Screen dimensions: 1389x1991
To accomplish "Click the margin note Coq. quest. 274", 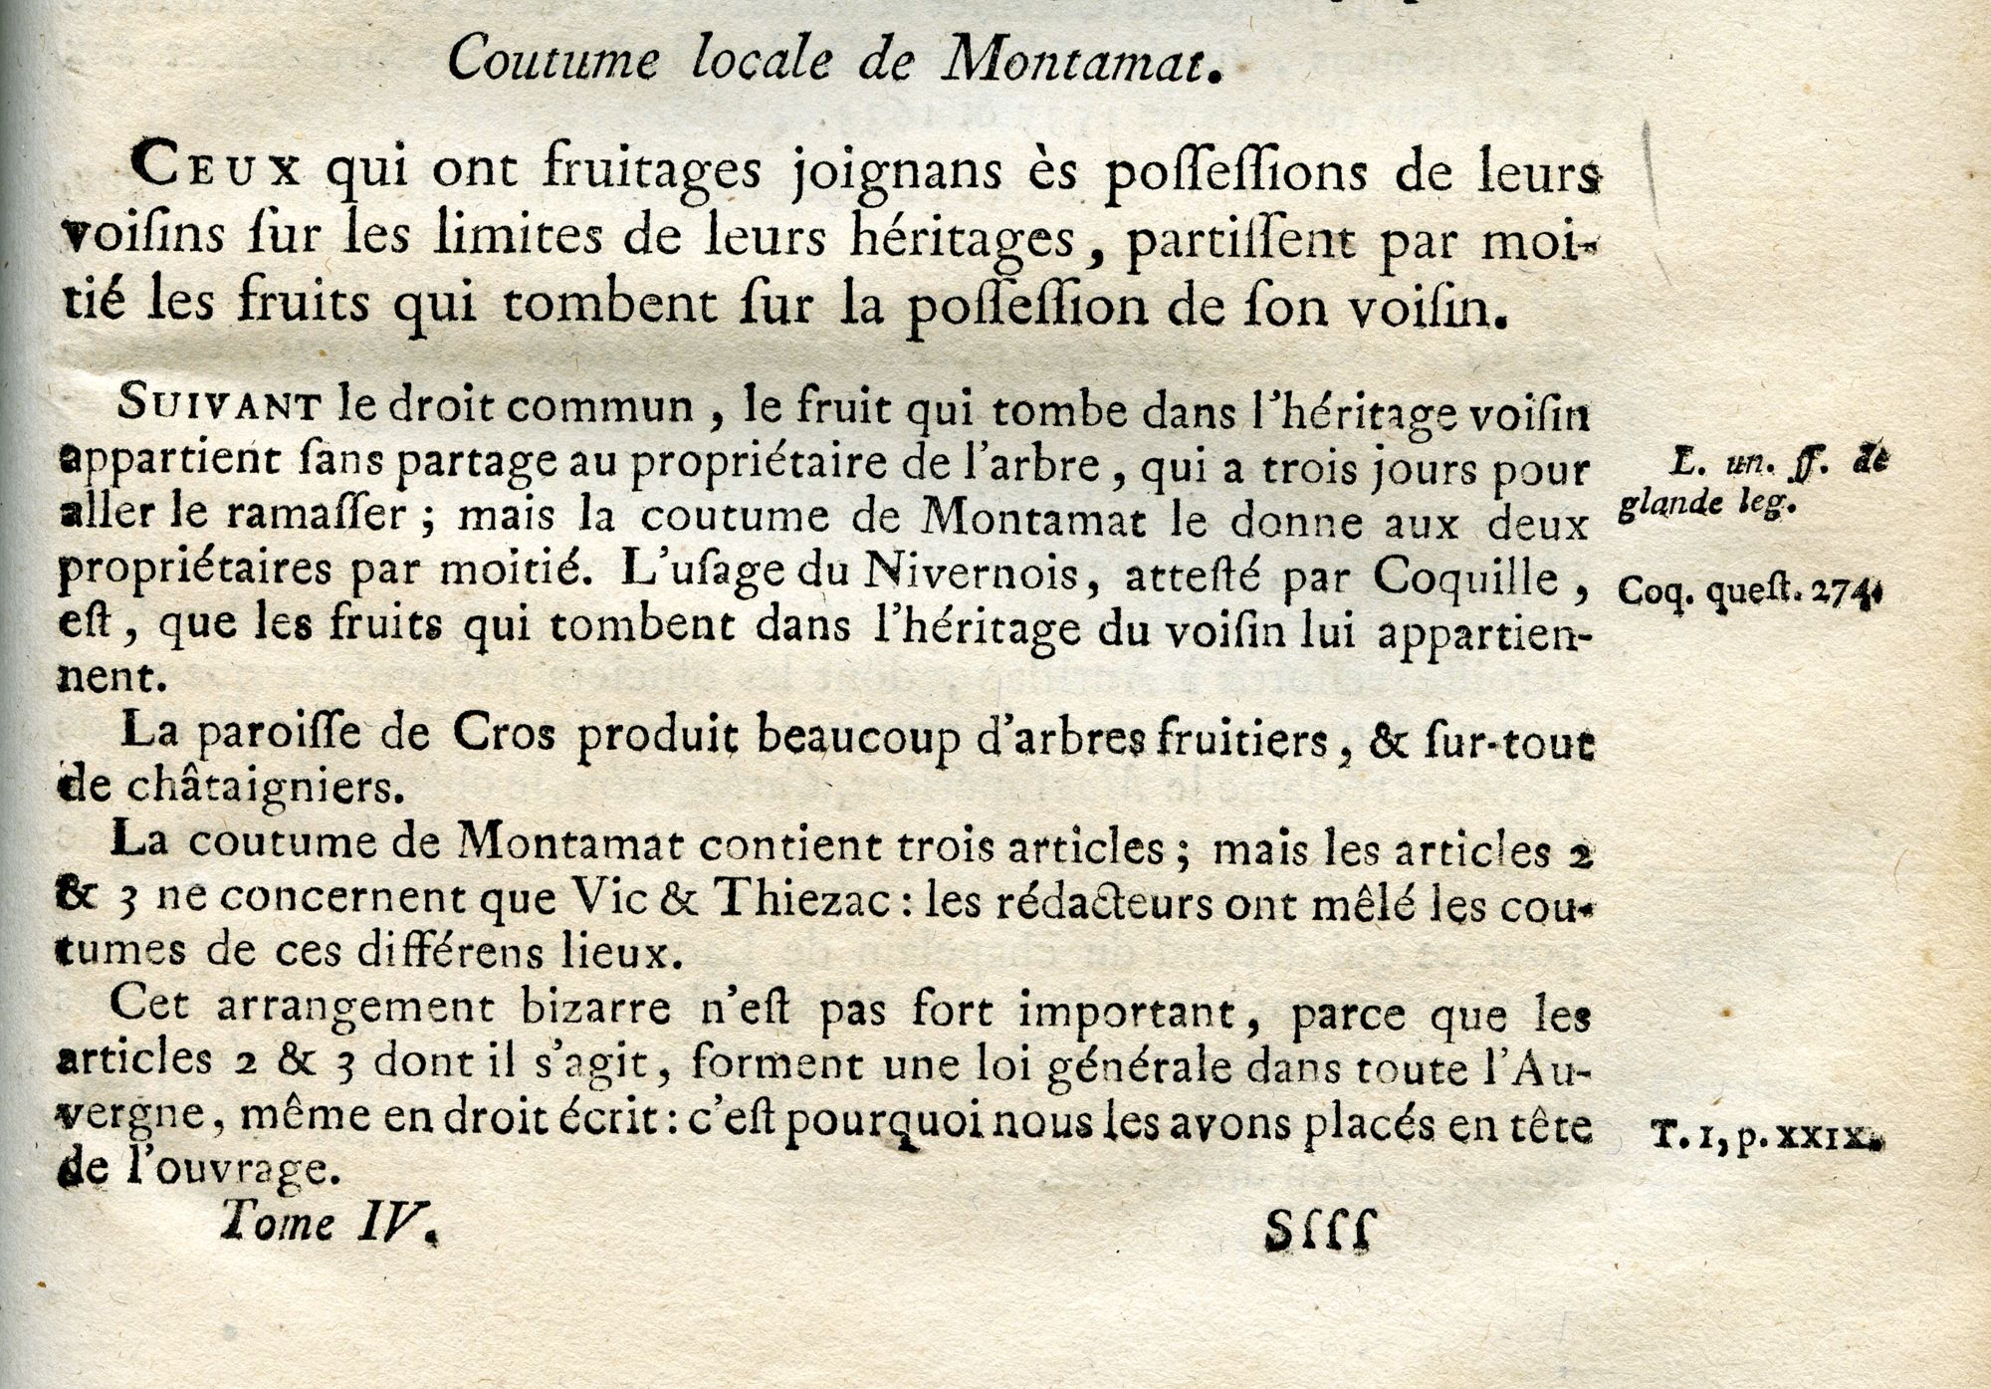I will (x=1748, y=591).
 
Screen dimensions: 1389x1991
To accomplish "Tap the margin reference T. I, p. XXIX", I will (x=1766, y=1136).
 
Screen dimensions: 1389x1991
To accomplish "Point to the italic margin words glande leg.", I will (x=1706, y=506).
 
